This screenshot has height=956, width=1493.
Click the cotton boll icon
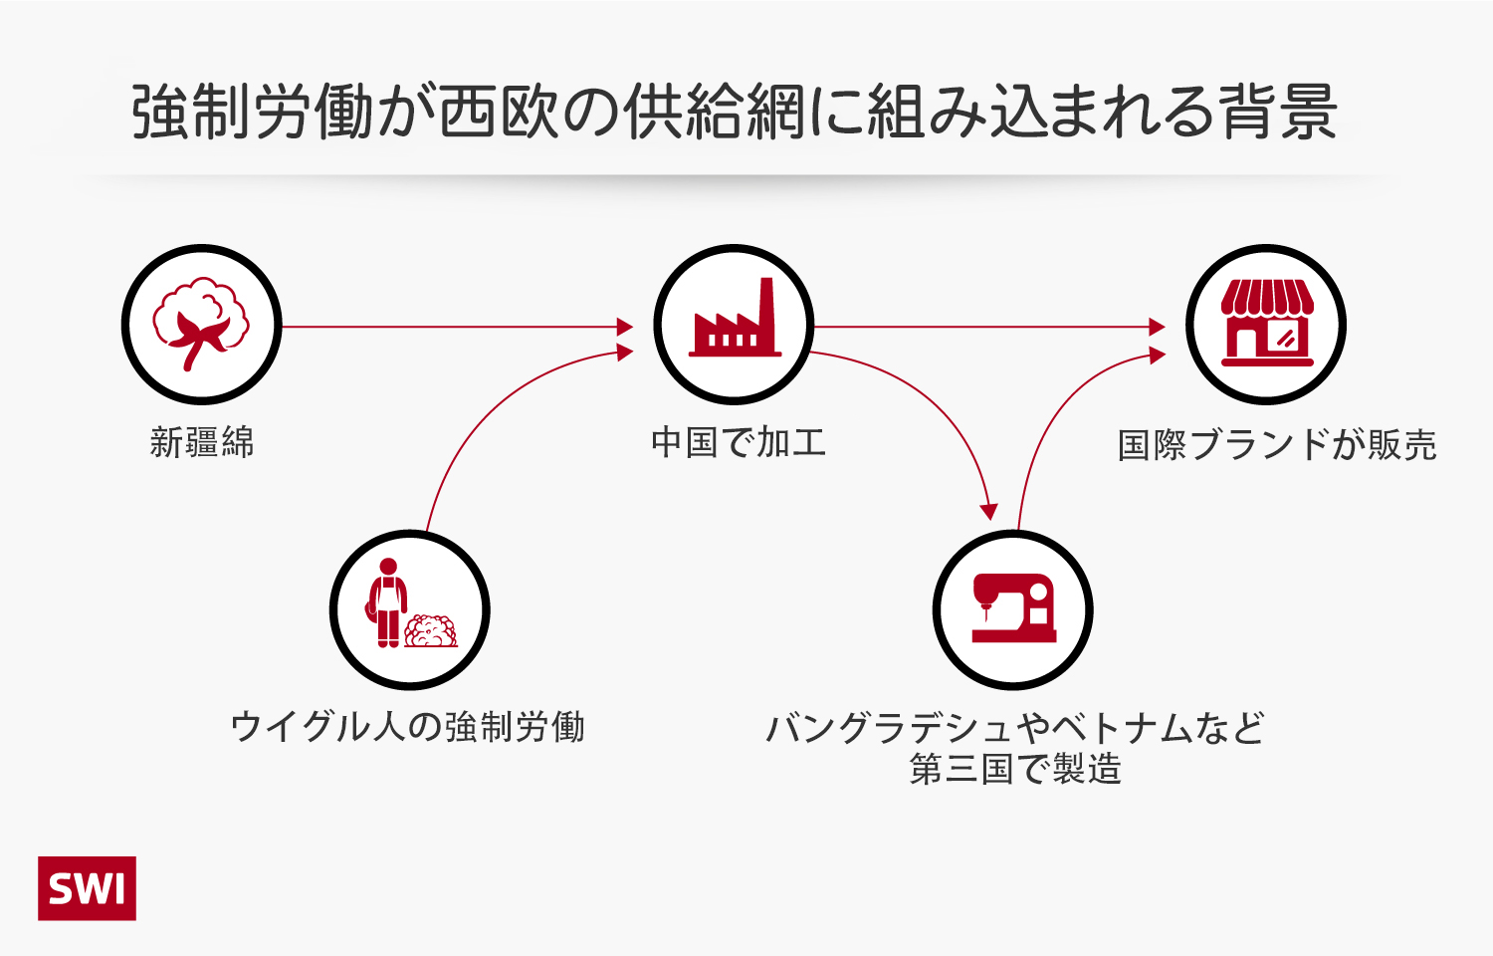coord(202,324)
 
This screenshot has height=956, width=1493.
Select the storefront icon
coord(1266,324)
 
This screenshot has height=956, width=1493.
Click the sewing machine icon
coord(1013,608)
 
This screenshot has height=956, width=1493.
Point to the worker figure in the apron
coord(388,603)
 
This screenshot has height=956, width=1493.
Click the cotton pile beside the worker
coord(432,631)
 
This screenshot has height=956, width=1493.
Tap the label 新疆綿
coord(202,442)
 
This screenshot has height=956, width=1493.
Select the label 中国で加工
coord(739,442)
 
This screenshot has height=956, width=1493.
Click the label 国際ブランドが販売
coord(1277,445)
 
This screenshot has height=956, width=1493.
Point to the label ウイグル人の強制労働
coord(407,727)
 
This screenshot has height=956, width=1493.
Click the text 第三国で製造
coord(1015,769)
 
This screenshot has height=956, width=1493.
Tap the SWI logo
coord(88,888)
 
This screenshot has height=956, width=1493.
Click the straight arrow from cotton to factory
coord(458,327)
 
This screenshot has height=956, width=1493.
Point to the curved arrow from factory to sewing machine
coord(936,398)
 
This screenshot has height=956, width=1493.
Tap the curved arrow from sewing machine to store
coord(1055,418)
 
